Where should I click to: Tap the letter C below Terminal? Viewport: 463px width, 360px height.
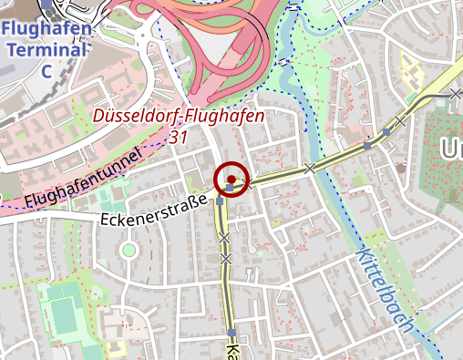coord(46,70)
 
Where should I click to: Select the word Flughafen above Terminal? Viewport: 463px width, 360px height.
coord(47,30)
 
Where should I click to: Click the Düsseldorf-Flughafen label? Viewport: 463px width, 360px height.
coord(179,116)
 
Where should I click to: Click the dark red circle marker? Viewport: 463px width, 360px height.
coord(231,179)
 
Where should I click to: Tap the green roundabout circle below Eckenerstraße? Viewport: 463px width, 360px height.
coord(129,249)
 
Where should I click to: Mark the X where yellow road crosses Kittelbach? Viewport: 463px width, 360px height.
coord(310,168)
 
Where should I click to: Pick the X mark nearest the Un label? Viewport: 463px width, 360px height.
coord(398,120)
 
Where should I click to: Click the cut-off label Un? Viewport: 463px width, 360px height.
coord(450,149)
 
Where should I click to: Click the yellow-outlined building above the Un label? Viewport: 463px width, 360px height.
coord(412,69)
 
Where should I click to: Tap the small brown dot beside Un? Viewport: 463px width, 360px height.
coord(400,168)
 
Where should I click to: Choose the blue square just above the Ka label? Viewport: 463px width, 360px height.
coord(232,332)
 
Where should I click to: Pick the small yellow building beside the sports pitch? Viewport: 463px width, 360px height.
coord(117,348)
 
